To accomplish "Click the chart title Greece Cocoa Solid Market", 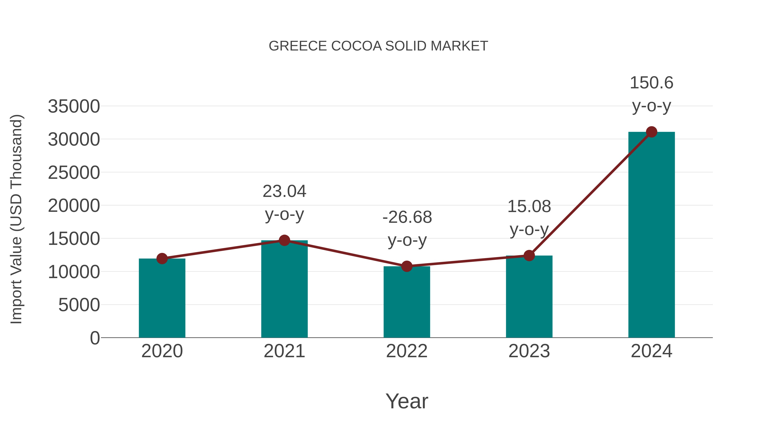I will pos(378,46).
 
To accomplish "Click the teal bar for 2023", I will pos(529,297).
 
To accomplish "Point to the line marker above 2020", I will pos(162,259).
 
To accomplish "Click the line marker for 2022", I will pos(407,266).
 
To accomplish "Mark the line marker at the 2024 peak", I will pos(651,132).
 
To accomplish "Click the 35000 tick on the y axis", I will pos(74,106).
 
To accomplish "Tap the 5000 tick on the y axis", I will pos(79,305).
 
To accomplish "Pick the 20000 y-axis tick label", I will pos(74,206).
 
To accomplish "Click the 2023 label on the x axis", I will pos(529,351).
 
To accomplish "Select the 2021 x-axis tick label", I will pos(284,351).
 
